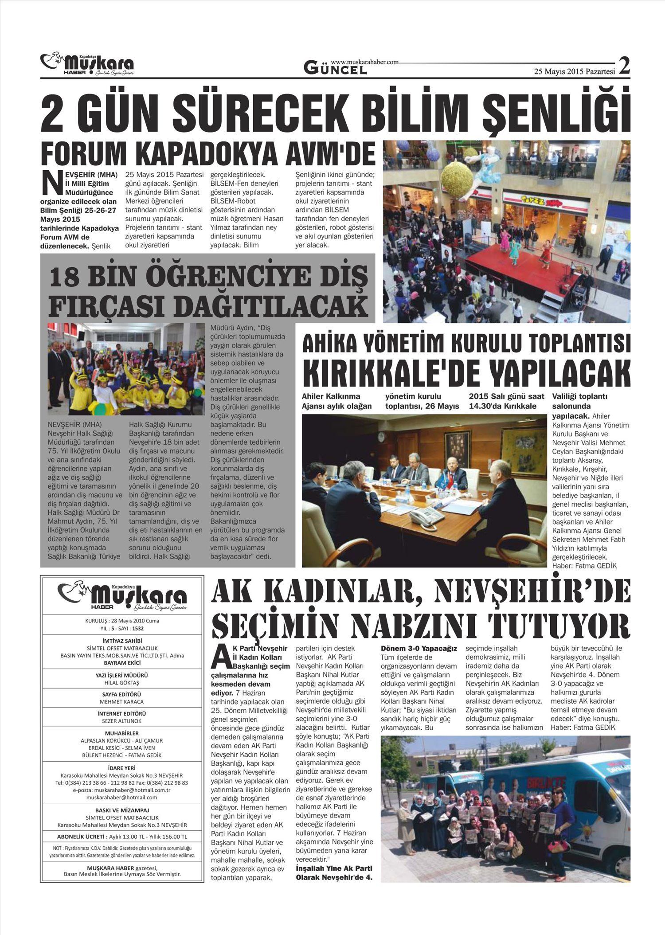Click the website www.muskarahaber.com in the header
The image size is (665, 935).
tap(364, 62)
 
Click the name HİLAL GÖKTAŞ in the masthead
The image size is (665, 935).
tap(122, 683)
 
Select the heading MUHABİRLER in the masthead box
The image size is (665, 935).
tap(122, 733)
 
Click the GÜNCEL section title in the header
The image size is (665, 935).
tap(335, 68)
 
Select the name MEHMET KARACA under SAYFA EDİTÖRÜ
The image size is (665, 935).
tap(122, 702)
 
